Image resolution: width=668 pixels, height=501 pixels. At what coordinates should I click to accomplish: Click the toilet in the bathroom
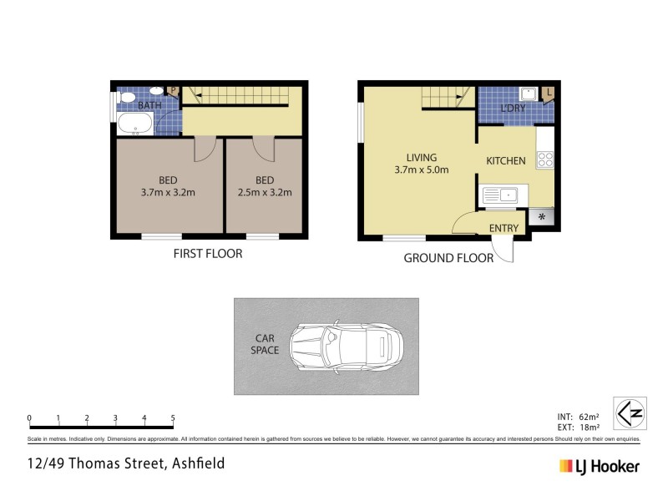click(127, 99)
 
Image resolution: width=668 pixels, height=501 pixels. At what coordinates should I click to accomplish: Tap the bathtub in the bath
click(134, 125)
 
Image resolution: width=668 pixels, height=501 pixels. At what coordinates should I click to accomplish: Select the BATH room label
click(150, 105)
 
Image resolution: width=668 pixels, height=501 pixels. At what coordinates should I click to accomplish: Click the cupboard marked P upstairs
click(174, 91)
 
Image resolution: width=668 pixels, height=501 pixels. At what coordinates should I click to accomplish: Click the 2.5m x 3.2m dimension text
click(264, 194)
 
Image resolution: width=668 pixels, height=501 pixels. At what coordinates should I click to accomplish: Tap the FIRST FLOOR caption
click(207, 253)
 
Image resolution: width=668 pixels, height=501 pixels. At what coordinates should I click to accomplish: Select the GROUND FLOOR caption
click(448, 258)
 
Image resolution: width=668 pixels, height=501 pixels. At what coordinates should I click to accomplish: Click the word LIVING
click(422, 157)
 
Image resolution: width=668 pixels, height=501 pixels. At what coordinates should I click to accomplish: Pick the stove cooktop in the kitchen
click(546, 159)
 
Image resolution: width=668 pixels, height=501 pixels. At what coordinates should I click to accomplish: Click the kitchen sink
click(500, 195)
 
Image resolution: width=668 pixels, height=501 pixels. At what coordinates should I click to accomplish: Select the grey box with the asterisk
click(542, 216)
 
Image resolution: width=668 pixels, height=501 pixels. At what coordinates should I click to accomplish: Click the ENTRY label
click(504, 228)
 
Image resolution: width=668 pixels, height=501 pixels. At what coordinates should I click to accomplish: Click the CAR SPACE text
click(265, 344)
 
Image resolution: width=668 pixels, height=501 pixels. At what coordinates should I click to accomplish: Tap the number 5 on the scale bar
click(173, 417)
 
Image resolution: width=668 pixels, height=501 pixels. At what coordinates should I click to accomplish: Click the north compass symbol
click(630, 412)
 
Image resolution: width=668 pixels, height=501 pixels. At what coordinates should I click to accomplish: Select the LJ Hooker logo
click(600, 466)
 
